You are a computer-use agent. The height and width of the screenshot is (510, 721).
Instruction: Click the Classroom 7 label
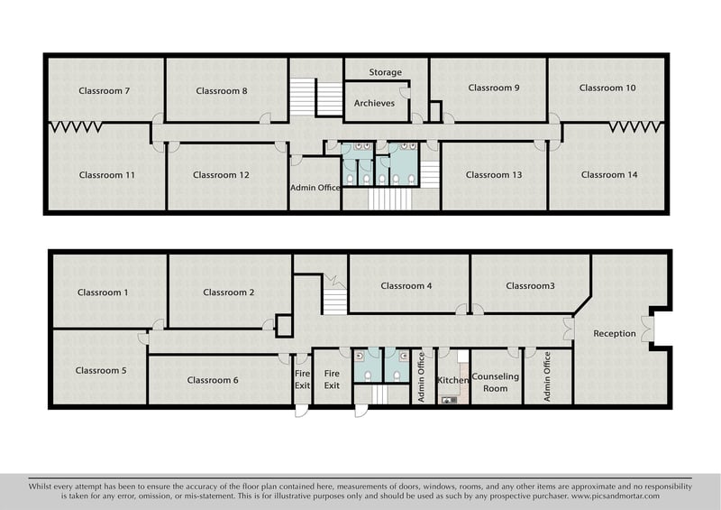(104, 91)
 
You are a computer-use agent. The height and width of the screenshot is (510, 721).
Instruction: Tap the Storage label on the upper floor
(386, 72)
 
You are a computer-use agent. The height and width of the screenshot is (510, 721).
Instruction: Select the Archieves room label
(374, 103)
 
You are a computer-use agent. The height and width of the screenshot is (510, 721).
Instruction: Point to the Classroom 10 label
(607, 88)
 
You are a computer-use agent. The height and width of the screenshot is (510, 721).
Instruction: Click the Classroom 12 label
(221, 175)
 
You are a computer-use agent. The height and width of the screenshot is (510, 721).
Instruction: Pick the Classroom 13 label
(494, 175)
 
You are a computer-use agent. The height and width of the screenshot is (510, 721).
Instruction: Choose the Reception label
(615, 334)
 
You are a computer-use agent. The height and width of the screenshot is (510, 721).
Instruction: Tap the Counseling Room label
(495, 383)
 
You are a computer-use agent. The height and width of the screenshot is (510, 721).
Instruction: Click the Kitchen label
(452, 380)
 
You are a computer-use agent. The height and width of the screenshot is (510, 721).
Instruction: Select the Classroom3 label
(530, 285)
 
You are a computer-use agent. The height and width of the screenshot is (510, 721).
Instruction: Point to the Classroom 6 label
(213, 380)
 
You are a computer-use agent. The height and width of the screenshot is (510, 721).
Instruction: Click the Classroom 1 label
(103, 292)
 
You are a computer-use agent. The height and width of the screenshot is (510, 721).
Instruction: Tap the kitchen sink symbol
(449, 400)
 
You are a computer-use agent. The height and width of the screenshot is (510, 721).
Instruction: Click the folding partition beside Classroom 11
(76, 127)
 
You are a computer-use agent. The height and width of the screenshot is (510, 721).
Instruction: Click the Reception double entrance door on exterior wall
(647, 329)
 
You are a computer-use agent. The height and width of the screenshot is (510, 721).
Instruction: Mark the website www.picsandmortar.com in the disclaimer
(616, 496)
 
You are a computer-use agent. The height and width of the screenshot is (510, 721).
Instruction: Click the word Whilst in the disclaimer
(40, 487)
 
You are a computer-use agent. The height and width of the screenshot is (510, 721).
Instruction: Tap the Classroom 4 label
(406, 285)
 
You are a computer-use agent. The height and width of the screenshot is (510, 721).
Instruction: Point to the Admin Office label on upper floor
(315, 188)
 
